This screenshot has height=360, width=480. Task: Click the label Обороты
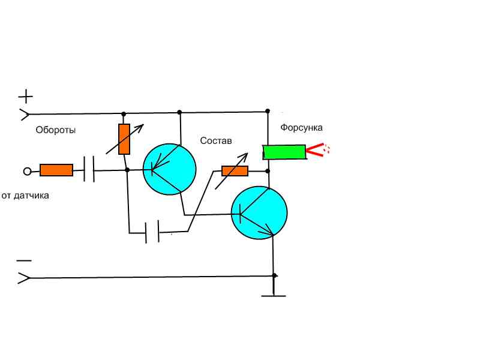55,130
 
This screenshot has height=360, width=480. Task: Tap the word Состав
216,141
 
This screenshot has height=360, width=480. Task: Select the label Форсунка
302,128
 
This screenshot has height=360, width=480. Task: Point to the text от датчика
25,196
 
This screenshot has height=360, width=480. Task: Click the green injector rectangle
284,152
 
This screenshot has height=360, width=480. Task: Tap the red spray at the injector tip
318,150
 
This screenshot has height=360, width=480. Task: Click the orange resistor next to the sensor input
56,170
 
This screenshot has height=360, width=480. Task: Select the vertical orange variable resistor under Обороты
124,139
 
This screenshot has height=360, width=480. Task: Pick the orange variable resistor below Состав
235,171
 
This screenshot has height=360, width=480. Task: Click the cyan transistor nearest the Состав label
170,169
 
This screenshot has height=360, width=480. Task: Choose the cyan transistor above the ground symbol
259,213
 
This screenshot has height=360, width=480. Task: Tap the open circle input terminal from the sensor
27,172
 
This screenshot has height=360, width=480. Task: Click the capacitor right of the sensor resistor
89,169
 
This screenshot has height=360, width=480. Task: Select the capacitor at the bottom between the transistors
152,232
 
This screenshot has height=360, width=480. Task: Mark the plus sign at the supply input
26,97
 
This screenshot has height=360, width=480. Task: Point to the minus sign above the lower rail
24,261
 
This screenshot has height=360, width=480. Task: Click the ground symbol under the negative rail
274,296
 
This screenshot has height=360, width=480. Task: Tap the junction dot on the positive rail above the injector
268,111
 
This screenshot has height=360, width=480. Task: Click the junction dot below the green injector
268,171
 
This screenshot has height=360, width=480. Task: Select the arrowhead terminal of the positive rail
25,115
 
